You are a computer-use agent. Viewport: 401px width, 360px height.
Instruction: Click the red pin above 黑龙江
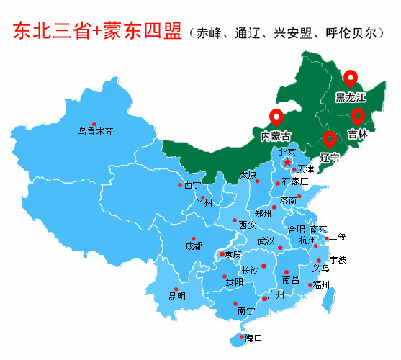click(350, 78)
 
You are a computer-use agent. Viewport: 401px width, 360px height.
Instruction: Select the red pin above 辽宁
click(330, 138)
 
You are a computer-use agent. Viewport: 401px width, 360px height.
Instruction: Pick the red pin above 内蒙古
click(276, 117)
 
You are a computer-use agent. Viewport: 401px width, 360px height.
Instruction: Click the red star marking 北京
click(287, 163)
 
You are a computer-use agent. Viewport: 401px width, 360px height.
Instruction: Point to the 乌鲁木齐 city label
click(96, 132)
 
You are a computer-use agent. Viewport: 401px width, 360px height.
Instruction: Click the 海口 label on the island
click(253, 338)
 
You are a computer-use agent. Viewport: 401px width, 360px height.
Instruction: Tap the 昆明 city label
click(177, 295)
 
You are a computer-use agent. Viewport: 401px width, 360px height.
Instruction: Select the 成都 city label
click(194, 246)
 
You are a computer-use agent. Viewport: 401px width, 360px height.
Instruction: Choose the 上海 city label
click(337, 236)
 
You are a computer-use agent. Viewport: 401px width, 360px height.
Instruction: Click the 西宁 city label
click(192, 184)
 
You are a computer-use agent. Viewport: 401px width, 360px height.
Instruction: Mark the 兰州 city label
click(205, 204)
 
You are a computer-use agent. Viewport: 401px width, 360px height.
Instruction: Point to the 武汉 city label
click(266, 240)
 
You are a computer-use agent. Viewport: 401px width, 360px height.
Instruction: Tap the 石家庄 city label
click(295, 181)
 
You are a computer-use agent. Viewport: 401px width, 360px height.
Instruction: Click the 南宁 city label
click(245, 311)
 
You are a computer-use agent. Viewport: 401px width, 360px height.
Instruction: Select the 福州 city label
click(321, 285)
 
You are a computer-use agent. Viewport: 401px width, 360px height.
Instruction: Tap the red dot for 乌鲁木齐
click(74, 124)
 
